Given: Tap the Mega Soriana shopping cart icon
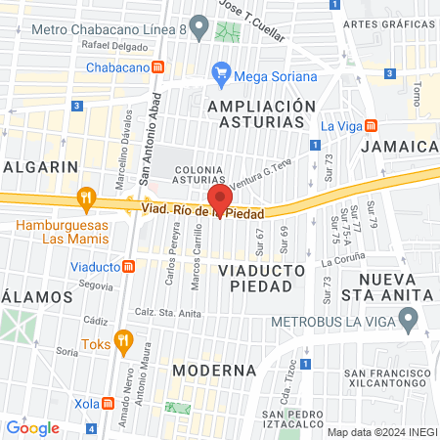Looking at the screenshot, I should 221,73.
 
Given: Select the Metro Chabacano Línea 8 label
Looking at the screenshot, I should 109,29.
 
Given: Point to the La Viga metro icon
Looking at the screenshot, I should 371,126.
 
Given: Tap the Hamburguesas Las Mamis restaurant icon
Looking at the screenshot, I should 86,198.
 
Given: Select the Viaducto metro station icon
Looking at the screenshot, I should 128,266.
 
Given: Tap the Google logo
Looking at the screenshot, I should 32,427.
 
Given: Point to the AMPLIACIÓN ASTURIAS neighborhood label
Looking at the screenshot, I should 262,113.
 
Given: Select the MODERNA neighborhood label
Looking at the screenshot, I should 214,371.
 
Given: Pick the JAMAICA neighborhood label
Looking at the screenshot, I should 397,146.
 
